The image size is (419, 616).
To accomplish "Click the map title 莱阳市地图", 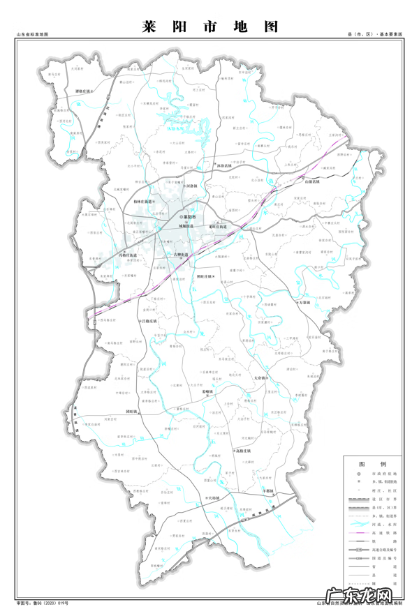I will coord(209,27).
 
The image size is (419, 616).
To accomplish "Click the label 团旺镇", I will coord(135,412).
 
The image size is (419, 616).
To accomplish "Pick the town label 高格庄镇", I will coord(247,451).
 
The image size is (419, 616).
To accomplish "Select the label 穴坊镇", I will coord(210,498).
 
